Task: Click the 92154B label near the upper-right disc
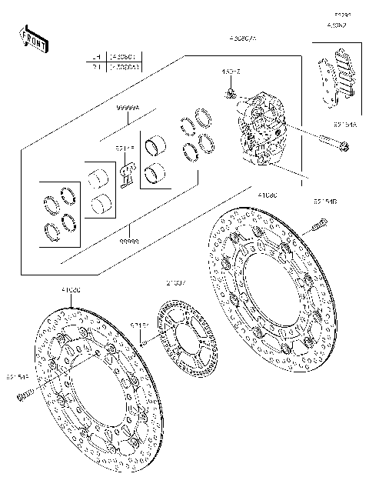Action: click(x=324, y=202)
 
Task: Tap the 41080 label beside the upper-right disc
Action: click(x=268, y=195)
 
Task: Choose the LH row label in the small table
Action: click(x=96, y=56)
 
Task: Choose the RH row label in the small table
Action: click(x=96, y=67)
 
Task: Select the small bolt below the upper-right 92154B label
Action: click(x=318, y=225)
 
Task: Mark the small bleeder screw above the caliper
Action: click(x=229, y=93)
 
